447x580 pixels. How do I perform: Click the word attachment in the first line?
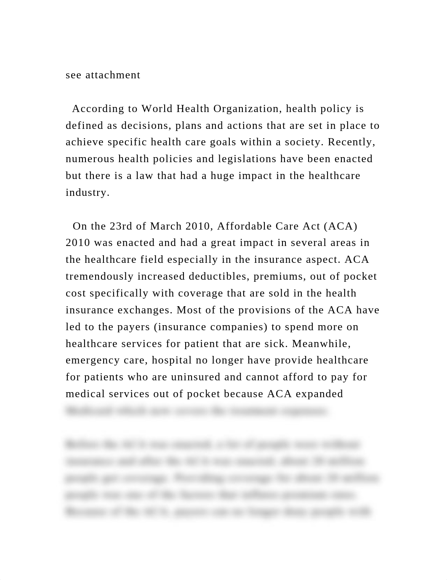[x=113, y=75]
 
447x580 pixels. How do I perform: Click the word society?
[x=304, y=142]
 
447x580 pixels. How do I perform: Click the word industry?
[x=88, y=192]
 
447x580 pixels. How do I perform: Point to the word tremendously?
[x=98, y=276]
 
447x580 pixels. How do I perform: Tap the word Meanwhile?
[x=321, y=344]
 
